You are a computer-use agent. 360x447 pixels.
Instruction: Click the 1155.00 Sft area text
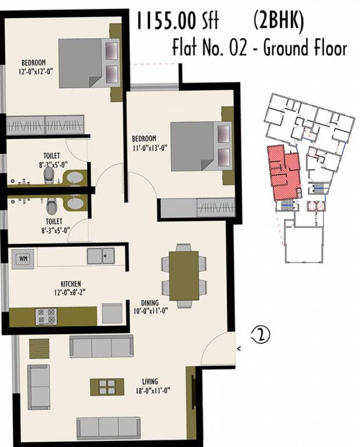(x=177, y=22)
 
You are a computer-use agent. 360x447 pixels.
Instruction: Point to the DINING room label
(x=151, y=303)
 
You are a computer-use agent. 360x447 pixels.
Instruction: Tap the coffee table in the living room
(x=107, y=387)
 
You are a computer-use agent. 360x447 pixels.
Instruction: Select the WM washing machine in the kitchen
(x=23, y=257)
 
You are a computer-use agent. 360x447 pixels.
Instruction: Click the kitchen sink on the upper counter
(x=101, y=255)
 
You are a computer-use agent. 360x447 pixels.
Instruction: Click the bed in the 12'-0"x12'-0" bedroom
(x=87, y=63)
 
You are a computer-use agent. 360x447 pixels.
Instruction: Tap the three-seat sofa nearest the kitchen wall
(x=101, y=346)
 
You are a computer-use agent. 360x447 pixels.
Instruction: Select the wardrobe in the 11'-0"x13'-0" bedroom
(x=197, y=208)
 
